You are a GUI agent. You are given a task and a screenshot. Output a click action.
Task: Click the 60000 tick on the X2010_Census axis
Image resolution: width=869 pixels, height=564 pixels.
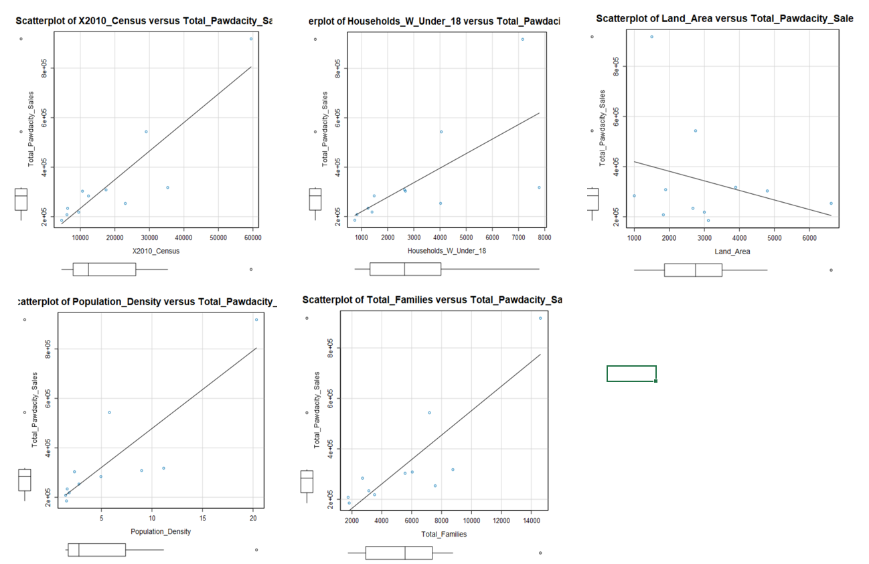pos(253,238)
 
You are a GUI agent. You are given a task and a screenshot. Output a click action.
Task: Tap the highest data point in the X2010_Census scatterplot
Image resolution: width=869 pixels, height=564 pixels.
pos(251,39)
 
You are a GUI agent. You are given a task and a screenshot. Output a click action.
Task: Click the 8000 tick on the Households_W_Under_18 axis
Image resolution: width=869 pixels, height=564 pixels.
pos(544,238)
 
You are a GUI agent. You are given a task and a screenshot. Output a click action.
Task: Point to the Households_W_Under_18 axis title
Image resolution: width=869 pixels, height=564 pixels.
pos(446,250)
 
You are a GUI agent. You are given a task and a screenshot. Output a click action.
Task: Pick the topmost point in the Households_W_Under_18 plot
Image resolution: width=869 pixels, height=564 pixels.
pos(523,39)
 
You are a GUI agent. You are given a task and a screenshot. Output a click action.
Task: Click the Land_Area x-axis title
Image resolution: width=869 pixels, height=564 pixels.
pos(732,252)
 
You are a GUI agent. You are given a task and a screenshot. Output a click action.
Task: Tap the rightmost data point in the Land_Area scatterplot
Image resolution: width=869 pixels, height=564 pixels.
pos(831,203)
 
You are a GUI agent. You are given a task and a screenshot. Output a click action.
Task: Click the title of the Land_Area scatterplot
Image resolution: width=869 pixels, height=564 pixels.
pos(724,19)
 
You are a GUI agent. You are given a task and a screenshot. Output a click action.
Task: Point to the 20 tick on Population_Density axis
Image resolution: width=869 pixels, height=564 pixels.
pos(254,519)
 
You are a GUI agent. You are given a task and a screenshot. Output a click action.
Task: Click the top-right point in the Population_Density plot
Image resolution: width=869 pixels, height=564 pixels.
pos(256,320)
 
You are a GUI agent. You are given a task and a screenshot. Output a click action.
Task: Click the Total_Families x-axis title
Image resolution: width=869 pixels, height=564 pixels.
pos(444,535)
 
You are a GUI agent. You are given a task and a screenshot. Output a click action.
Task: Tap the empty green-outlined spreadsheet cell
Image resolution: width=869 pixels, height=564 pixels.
pos(631,373)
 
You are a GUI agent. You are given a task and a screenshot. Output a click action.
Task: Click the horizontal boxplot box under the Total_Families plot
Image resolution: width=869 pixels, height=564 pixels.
pos(398,553)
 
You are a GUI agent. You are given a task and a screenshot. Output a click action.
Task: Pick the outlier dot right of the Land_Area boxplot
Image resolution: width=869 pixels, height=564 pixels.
pos(831,270)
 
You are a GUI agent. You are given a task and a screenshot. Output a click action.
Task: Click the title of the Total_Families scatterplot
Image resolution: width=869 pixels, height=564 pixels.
pos(432,300)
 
